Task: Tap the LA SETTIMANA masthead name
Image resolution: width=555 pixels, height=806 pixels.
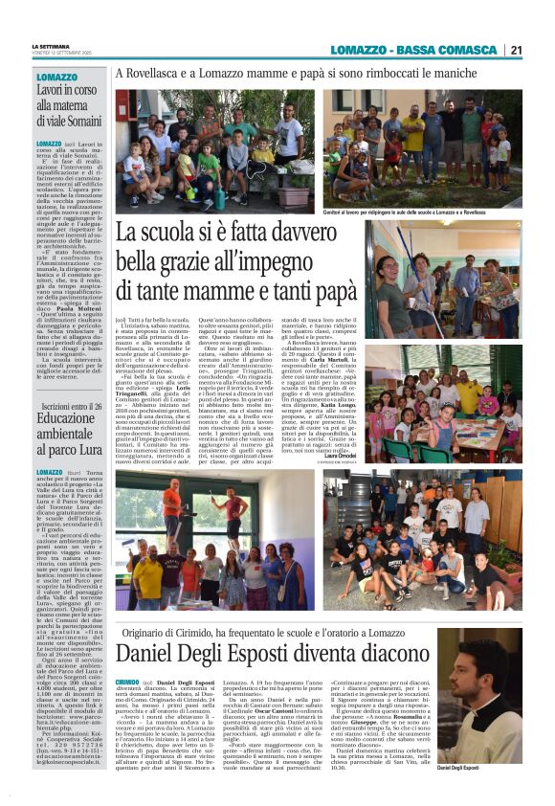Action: point(52,45)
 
